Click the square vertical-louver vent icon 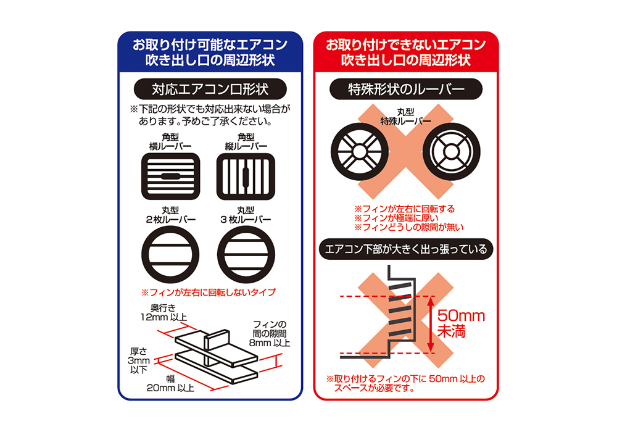(242, 176)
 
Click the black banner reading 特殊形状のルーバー (406, 89)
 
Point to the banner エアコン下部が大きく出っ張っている (406, 250)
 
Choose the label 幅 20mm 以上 (172, 384)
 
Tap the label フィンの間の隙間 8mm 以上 (271, 333)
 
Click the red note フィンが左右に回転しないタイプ (209, 292)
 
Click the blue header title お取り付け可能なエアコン (210, 45)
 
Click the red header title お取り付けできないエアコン (406, 45)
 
